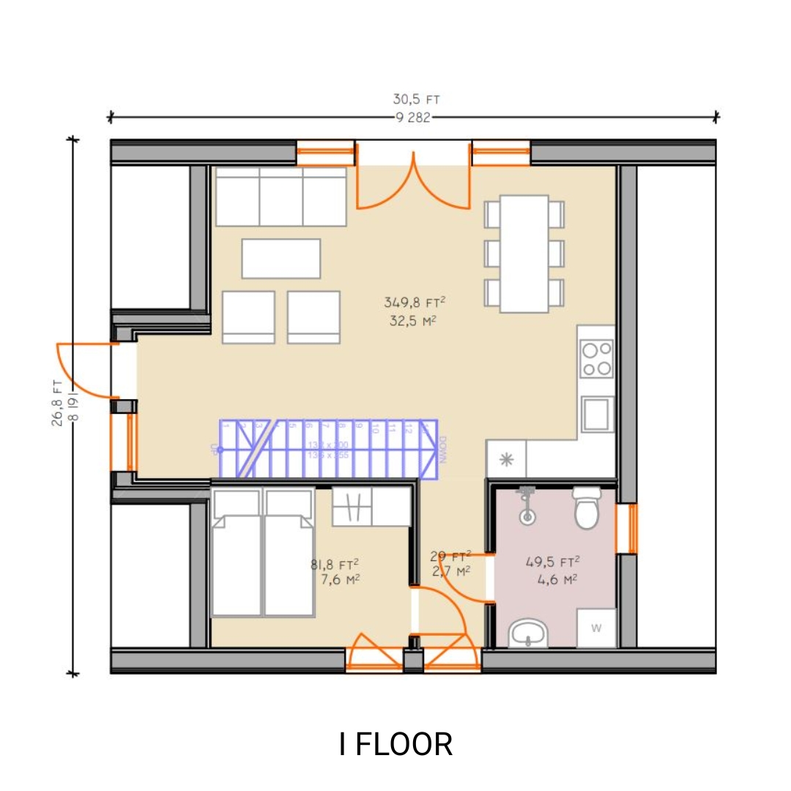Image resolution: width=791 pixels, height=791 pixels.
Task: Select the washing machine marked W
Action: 595,628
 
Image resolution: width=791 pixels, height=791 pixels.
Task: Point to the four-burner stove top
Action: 595,359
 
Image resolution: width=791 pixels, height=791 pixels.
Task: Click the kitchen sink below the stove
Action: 597,414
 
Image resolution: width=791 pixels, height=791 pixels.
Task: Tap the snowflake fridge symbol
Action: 505,459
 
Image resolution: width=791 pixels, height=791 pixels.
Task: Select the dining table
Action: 524,253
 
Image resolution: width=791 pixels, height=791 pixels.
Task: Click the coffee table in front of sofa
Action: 281,259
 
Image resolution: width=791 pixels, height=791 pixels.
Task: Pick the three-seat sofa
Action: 281,196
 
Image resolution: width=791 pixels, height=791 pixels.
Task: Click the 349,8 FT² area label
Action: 415,302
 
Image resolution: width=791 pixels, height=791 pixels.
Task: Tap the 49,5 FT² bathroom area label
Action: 553,562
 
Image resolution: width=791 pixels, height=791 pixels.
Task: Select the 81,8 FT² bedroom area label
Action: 335,564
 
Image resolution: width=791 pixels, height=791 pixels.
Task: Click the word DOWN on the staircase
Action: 443,450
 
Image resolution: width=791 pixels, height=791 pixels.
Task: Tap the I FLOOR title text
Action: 395,744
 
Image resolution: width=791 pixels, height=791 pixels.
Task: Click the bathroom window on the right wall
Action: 628,528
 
